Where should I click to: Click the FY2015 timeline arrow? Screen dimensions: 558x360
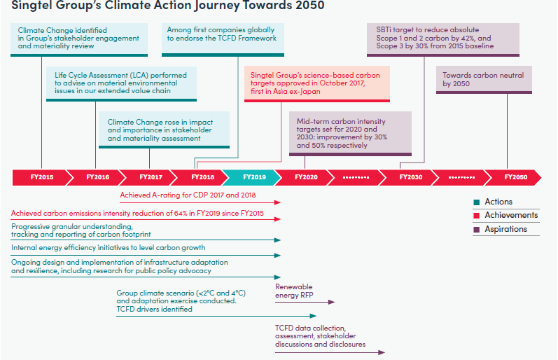pos(40,177)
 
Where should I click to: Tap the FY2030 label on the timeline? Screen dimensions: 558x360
pos(411,177)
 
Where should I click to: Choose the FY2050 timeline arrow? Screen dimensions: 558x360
pos(513,177)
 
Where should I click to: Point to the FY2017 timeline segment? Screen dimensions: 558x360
pos(148,177)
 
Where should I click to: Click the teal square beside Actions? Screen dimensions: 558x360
pos(477,202)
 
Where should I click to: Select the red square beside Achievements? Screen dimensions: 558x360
pos(477,216)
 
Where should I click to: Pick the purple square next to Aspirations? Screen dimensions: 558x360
pos(477,229)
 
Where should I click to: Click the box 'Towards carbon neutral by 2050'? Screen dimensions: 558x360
pos(484,80)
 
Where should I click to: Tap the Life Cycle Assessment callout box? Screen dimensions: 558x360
pos(121,84)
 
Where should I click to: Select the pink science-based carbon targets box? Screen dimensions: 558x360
pos(317,84)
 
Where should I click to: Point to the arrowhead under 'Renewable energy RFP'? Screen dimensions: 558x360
pos(331,302)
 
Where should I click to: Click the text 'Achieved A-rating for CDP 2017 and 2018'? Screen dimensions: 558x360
pos(188,195)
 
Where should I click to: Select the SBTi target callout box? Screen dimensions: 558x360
pos(443,40)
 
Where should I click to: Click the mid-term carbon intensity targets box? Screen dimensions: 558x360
pos(350,134)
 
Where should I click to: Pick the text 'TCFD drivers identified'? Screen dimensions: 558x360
pos(155,309)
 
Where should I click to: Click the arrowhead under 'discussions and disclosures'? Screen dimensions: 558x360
pos(382,352)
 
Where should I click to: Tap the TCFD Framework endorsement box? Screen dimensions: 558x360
pos(223,40)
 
